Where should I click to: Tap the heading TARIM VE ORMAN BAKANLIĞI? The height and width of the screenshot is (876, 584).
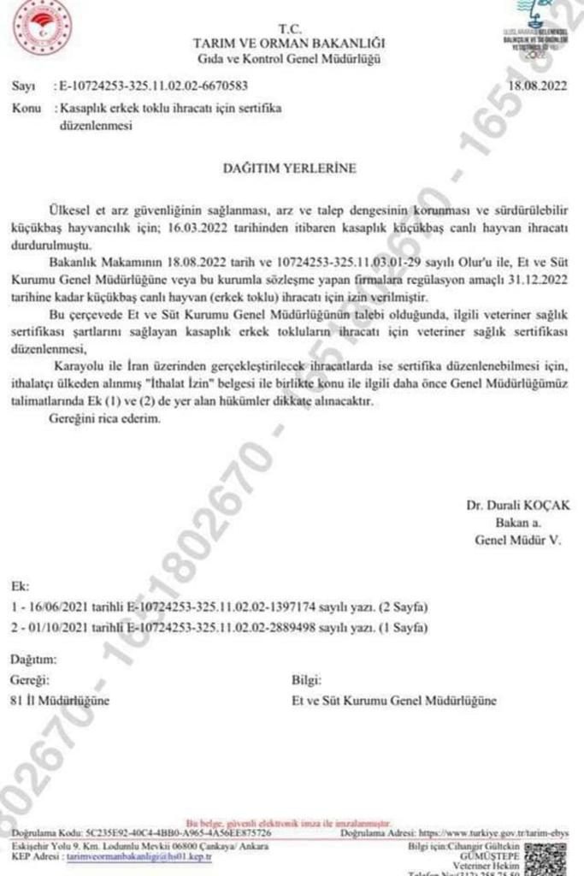pyautogui.click(x=289, y=43)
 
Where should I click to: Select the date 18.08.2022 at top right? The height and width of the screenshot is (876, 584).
pyautogui.click(x=537, y=86)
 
